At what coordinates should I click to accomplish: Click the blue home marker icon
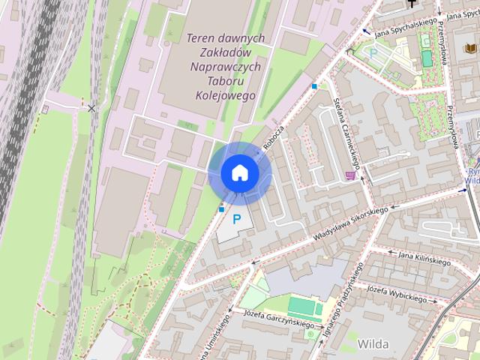click(x=240, y=172)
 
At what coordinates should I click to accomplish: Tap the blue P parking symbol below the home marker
click(x=238, y=220)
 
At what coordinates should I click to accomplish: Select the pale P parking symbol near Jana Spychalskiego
click(x=373, y=52)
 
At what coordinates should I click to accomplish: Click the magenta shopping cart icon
click(x=350, y=175)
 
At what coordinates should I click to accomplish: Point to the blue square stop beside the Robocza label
click(x=314, y=86)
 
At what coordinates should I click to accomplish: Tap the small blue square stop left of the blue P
click(x=221, y=208)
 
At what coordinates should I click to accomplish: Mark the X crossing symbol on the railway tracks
click(x=91, y=109)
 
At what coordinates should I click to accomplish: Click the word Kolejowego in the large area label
click(x=225, y=96)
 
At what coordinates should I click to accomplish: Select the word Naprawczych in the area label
click(x=226, y=67)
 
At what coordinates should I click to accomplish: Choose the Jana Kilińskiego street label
click(x=424, y=259)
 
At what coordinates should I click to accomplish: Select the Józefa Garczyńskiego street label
click(x=278, y=319)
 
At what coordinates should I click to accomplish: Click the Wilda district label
click(x=373, y=343)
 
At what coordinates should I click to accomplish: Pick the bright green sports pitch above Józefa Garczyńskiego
click(x=303, y=306)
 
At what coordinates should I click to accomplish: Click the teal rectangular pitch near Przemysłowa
click(x=426, y=58)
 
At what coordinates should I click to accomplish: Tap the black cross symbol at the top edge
click(x=412, y=3)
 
